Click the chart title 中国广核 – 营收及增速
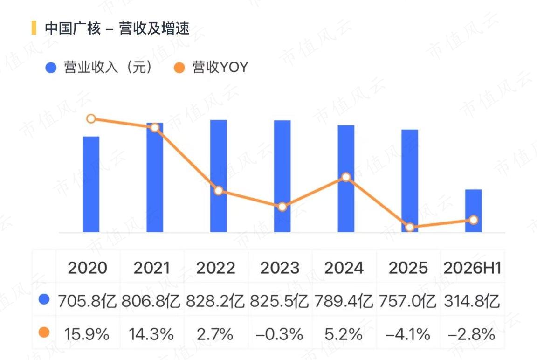(117, 28)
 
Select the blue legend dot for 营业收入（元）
(51, 68)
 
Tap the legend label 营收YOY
(220, 67)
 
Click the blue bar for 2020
(91, 184)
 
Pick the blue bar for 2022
(219, 176)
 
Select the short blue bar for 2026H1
(473, 211)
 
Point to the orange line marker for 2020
(91, 119)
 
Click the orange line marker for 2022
(219, 191)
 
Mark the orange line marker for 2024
(346, 177)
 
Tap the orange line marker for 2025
(410, 227)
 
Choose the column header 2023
(280, 268)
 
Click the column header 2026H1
(472, 268)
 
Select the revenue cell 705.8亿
(87, 301)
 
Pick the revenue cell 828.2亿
(215, 301)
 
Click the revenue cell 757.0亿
(407, 301)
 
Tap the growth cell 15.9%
(87, 334)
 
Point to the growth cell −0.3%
(280, 334)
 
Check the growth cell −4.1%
(408, 334)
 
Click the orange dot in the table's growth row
(44, 332)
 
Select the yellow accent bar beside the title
(34, 28)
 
